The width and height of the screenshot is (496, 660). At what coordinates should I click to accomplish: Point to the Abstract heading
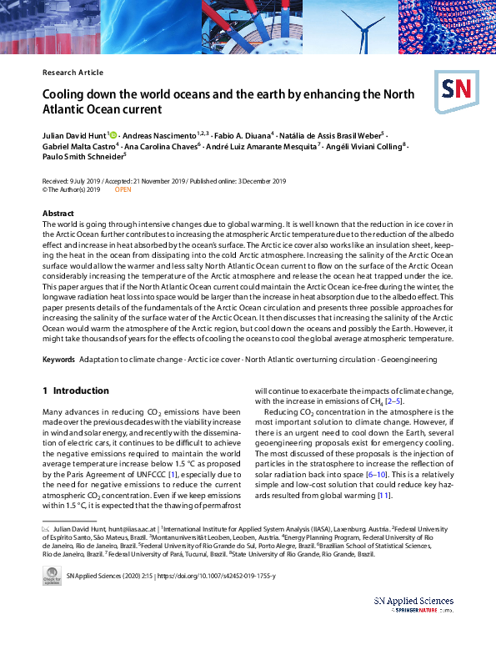[58, 214]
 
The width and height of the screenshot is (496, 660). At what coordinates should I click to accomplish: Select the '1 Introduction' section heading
[75, 390]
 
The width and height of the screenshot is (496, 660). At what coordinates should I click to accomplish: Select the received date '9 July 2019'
[84, 181]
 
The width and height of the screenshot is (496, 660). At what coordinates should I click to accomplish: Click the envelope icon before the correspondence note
[46, 528]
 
